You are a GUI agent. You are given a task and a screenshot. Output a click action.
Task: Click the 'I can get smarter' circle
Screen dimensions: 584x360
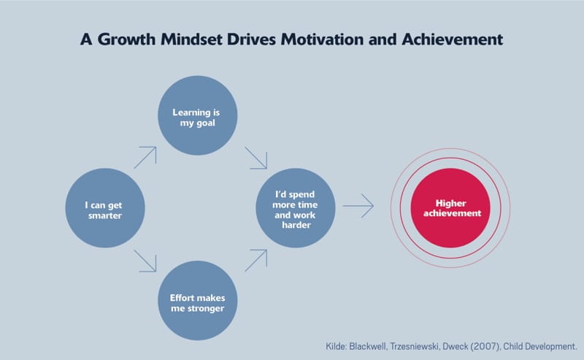pos(105,208)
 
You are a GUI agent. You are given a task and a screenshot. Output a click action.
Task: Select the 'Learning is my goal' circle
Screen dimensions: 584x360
pos(197,115)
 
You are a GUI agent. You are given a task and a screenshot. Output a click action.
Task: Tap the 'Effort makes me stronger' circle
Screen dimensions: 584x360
pos(197,300)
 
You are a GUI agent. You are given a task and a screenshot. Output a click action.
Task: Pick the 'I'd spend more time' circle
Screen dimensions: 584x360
pos(296,208)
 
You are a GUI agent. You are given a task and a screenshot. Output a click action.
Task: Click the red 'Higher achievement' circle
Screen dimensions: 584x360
pos(450,208)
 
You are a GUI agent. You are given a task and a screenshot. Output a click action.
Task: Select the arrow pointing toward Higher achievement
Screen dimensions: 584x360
pos(358,206)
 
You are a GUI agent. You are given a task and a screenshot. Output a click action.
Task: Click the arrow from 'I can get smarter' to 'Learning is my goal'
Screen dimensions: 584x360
pos(145,157)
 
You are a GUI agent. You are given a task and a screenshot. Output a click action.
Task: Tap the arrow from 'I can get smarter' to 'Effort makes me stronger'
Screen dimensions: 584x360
pos(145,261)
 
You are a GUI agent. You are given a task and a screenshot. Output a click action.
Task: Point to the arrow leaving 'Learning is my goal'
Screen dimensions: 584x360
pos(256,158)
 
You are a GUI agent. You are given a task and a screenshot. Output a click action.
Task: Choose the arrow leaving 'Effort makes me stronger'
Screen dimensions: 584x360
pos(256,260)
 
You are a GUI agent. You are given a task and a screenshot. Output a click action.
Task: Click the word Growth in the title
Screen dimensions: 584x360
pos(126,39)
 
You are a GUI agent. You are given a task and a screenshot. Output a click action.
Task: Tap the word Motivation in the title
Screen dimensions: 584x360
pos(322,39)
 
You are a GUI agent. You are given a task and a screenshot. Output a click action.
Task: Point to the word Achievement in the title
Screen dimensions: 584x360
pos(452,39)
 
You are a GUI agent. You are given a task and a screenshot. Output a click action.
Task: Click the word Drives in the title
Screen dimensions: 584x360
pos(251,39)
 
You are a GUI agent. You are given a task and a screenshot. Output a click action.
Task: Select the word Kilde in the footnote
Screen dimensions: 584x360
pos(336,347)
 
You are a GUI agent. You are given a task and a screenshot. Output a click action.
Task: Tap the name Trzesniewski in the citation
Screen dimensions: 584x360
pos(415,347)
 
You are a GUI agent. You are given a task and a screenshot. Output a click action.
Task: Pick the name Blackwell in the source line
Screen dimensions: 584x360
pos(368,347)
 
